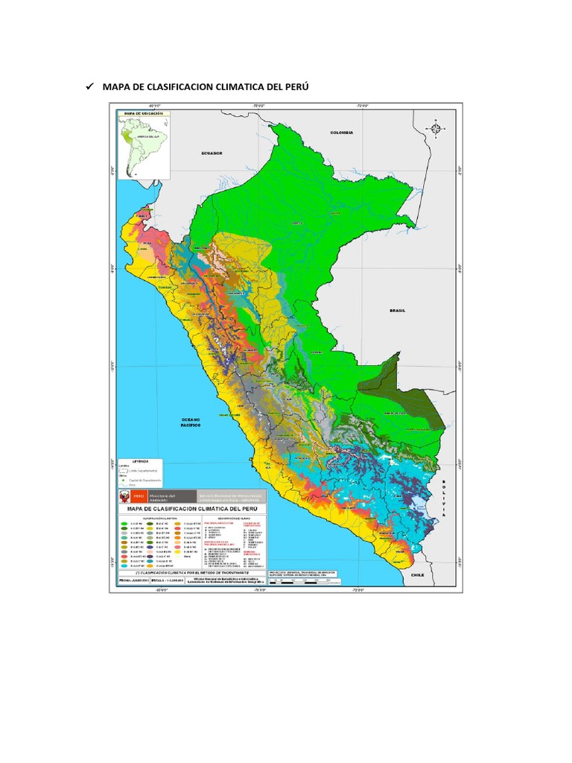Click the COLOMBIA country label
[x=342, y=132]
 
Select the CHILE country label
[x=417, y=574]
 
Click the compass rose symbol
[x=436, y=128]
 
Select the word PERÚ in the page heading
[x=293, y=88]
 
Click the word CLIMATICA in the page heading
[x=232, y=88]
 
